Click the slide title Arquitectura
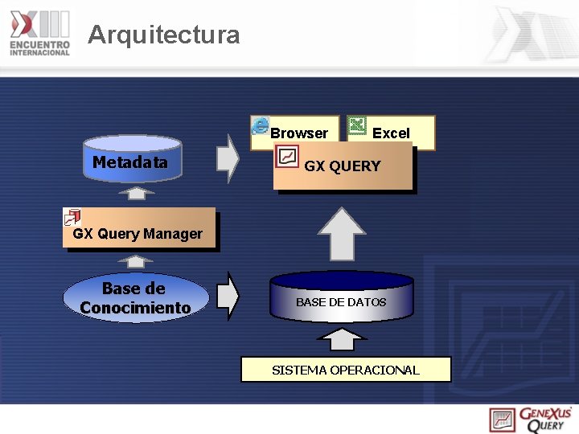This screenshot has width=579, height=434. click(163, 35)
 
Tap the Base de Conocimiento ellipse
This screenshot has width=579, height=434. click(135, 297)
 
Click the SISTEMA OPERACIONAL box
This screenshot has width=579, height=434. click(346, 370)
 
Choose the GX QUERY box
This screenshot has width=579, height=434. click(343, 167)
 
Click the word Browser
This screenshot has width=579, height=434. click(299, 133)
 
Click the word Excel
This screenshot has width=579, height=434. click(391, 133)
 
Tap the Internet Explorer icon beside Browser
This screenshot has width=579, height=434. click(261, 125)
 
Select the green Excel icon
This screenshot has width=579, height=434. click(358, 125)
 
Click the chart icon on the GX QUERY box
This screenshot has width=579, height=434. click(287, 156)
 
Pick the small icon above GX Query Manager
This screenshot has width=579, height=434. click(72, 216)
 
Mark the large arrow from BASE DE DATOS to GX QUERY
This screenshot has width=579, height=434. click(342, 234)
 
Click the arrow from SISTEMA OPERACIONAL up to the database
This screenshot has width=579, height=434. click(343, 338)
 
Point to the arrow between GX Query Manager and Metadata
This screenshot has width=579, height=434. click(140, 194)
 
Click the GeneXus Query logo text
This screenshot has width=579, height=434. click(545, 420)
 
